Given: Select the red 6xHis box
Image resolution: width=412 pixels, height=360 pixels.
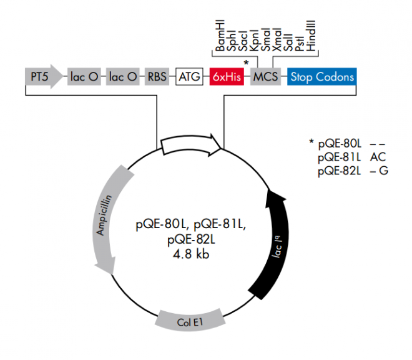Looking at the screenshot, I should [226, 77].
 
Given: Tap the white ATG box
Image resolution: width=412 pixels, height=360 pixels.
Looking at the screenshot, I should [190, 77].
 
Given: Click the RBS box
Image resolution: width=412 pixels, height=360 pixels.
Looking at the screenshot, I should [158, 77].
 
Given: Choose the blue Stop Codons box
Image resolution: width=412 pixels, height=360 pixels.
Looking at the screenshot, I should [321, 77].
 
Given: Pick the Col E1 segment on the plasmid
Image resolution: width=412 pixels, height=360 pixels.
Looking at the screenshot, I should [190, 322].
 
